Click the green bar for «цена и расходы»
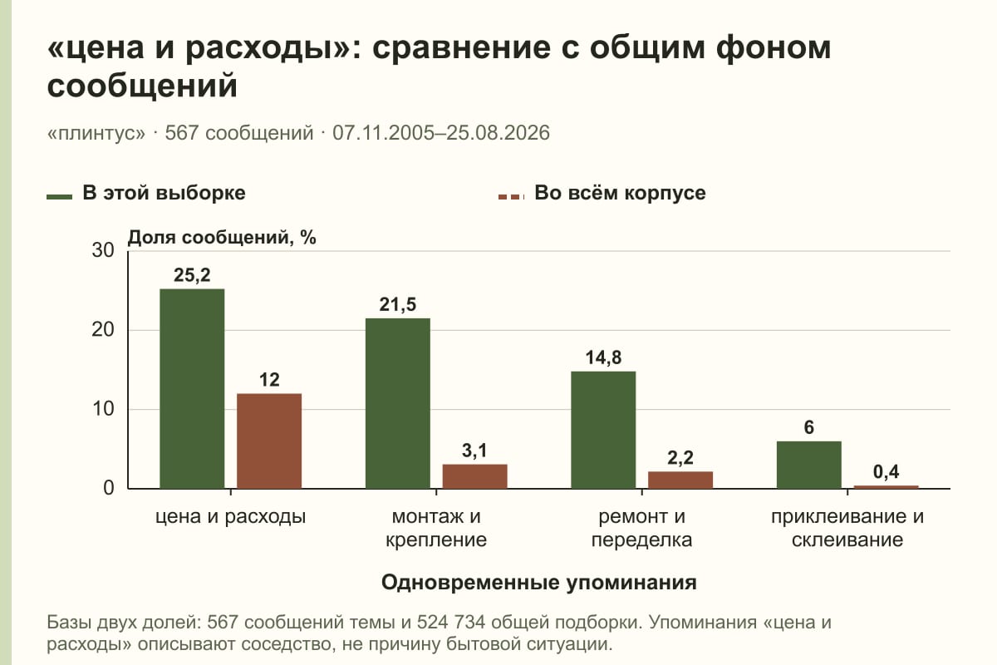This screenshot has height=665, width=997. pyautogui.click(x=192, y=389)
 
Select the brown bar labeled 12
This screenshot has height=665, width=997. pyautogui.click(x=269, y=441)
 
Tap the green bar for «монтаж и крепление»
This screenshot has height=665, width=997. pyautogui.click(x=398, y=403)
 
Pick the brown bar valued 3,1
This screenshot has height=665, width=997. pyautogui.click(x=475, y=476)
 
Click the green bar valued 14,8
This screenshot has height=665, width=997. pyautogui.click(x=603, y=430)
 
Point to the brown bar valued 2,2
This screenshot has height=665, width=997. pyautogui.click(x=680, y=480)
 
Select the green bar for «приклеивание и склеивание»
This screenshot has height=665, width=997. pyautogui.click(x=809, y=465)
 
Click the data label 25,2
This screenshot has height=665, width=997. pyautogui.click(x=192, y=275)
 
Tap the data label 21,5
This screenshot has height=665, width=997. pyautogui.click(x=398, y=305)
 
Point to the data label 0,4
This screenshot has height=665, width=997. pyautogui.click(x=886, y=471)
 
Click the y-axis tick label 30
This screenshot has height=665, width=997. pyautogui.click(x=103, y=250)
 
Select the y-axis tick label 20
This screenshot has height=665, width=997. pyautogui.click(x=103, y=330)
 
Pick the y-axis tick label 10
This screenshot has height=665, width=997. pyautogui.click(x=103, y=409)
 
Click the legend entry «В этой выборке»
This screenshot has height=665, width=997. pyautogui.click(x=146, y=194)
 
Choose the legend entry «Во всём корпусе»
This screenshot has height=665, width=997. pyautogui.click(x=602, y=194)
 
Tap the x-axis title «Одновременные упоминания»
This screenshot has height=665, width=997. pyautogui.click(x=539, y=583)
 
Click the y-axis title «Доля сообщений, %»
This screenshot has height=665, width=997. pyautogui.click(x=222, y=238)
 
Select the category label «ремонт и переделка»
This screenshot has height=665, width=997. pyautogui.click(x=641, y=528)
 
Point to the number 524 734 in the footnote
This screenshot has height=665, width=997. pyautogui.click(x=451, y=623)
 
